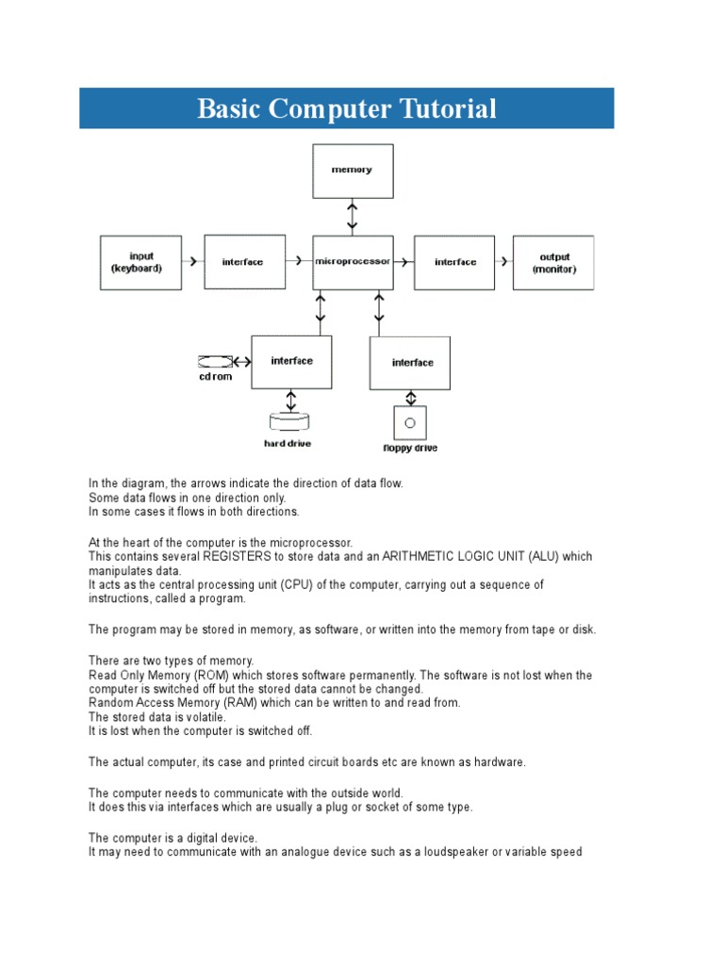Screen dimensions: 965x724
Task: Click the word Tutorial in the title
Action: (446, 109)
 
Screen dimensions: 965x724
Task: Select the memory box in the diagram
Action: (353, 170)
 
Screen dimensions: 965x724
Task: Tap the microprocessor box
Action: (353, 262)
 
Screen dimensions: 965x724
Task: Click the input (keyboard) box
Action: (141, 262)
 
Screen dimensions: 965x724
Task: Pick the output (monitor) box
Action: (553, 262)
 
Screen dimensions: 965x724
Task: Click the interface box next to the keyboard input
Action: (244, 262)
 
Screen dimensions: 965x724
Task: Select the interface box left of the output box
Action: (454, 262)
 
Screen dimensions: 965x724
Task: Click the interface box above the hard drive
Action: (291, 361)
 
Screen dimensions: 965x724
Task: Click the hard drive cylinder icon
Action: (288, 420)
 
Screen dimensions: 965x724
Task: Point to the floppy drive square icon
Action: (410, 423)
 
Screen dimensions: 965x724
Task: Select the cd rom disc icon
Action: (215, 361)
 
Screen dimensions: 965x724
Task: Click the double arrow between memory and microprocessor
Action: (353, 216)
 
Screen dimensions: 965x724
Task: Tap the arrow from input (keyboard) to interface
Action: (192, 262)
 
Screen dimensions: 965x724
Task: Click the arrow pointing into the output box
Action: (502, 262)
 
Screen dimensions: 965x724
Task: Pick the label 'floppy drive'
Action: (410, 449)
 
